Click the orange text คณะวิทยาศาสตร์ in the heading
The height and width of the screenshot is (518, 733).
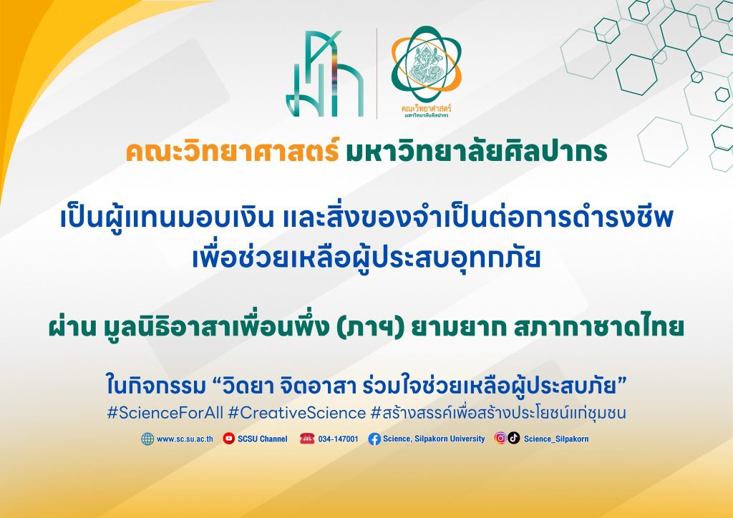coord(233,152)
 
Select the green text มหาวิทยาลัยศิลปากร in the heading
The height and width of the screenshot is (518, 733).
coord(476,152)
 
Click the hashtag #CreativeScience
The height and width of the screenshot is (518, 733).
coord(297,413)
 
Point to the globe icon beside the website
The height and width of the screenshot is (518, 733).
coord(147,439)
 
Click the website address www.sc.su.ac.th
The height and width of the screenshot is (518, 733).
coord(185,439)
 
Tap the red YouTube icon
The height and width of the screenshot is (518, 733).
coord(228,438)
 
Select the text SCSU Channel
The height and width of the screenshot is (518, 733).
coord(262,439)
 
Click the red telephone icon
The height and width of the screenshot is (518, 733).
coord(307,439)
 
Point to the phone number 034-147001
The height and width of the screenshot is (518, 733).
coord(338,439)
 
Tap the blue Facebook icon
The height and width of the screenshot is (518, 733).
coord(374,439)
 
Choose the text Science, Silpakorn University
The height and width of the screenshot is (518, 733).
coord(434,439)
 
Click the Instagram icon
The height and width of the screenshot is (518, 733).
coord(500,438)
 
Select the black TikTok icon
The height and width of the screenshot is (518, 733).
coord(514,438)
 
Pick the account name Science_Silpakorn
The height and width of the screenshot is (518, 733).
coord(555,439)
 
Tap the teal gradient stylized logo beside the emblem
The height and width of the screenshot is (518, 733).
coord(325,73)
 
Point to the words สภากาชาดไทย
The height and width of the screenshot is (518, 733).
coord(598,327)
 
